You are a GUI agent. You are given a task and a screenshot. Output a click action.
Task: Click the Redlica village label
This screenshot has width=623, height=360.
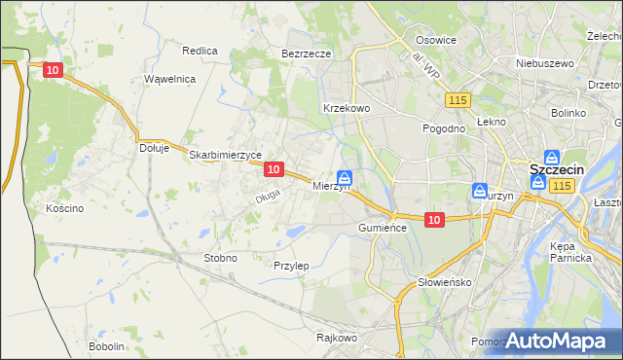pos(200,50)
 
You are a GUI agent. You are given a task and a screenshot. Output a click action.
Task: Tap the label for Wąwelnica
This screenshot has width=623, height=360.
pos(170,79)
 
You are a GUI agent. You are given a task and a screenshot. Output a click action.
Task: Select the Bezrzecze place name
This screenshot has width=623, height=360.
pos(307,54)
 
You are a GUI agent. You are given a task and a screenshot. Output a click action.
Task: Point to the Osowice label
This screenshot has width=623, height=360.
pos(436,40)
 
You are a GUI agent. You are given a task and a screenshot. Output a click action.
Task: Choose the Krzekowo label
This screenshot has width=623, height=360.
pos(346,108)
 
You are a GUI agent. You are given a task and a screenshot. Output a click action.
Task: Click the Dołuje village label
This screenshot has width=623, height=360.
pos(155,148)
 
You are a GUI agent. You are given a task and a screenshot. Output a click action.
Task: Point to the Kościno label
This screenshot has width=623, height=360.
pos(65,208)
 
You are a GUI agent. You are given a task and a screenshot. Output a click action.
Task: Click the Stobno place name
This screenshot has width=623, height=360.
pos(219,258)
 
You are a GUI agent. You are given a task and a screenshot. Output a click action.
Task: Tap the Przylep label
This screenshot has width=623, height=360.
pos(291,266)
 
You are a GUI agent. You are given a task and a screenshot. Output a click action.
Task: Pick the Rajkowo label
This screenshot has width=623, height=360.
pos(337,338)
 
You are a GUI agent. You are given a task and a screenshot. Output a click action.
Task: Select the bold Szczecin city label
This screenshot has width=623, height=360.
pos(556,169)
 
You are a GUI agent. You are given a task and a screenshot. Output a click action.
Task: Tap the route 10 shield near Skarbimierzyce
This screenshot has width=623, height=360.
pos(274,169)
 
